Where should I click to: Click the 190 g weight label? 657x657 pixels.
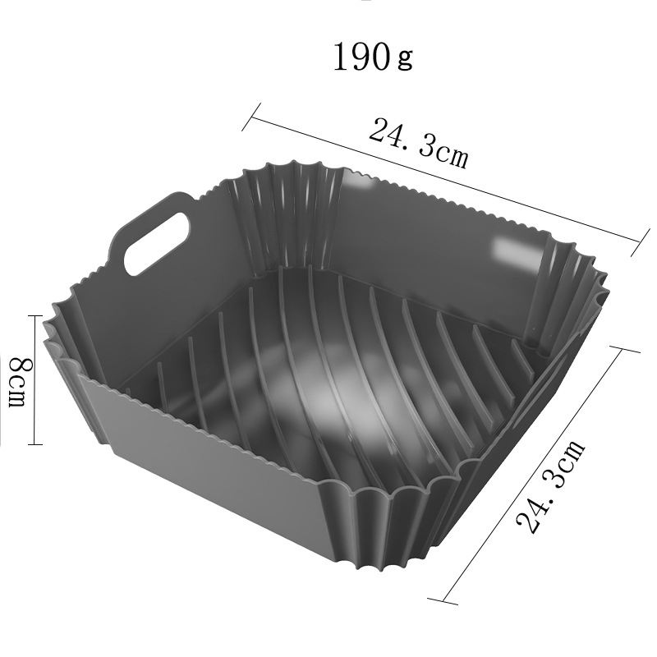coord(373,57)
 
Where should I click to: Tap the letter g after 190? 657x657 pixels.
coord(405,58)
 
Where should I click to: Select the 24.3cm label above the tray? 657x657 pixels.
coord(419,143)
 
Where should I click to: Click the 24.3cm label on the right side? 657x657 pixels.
coord(549,485)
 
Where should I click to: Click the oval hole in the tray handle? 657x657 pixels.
coord(157,243)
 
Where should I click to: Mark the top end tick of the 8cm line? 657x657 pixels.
coord(35,316)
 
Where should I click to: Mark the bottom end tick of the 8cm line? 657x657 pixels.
coord(35,444)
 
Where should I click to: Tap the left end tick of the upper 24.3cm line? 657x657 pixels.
coord(251,117)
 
